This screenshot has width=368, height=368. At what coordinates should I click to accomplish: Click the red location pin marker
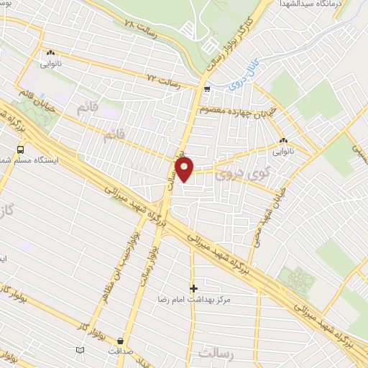pyautogui.click(x=185, y=169)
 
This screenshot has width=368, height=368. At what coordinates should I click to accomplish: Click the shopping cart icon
pyautogui.click(x=207, y=90)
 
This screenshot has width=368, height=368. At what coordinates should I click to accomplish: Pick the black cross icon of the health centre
pyautogui.click(x=193, y=287)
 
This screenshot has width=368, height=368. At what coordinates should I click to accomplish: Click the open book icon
pyautogui.click(x=80, y=350)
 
